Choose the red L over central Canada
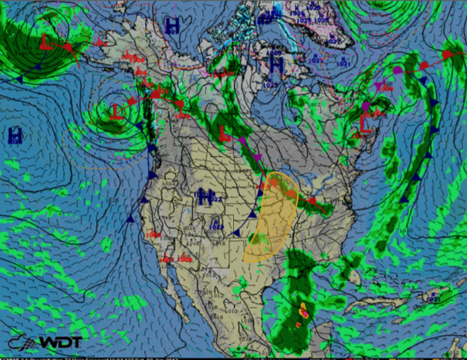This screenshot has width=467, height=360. [224, 133]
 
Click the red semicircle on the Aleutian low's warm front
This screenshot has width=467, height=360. [68, 47]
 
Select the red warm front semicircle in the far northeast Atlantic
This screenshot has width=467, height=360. [447, 55]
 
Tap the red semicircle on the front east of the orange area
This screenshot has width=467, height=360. [311, 201]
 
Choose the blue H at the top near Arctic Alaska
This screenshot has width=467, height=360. [174, 25]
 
